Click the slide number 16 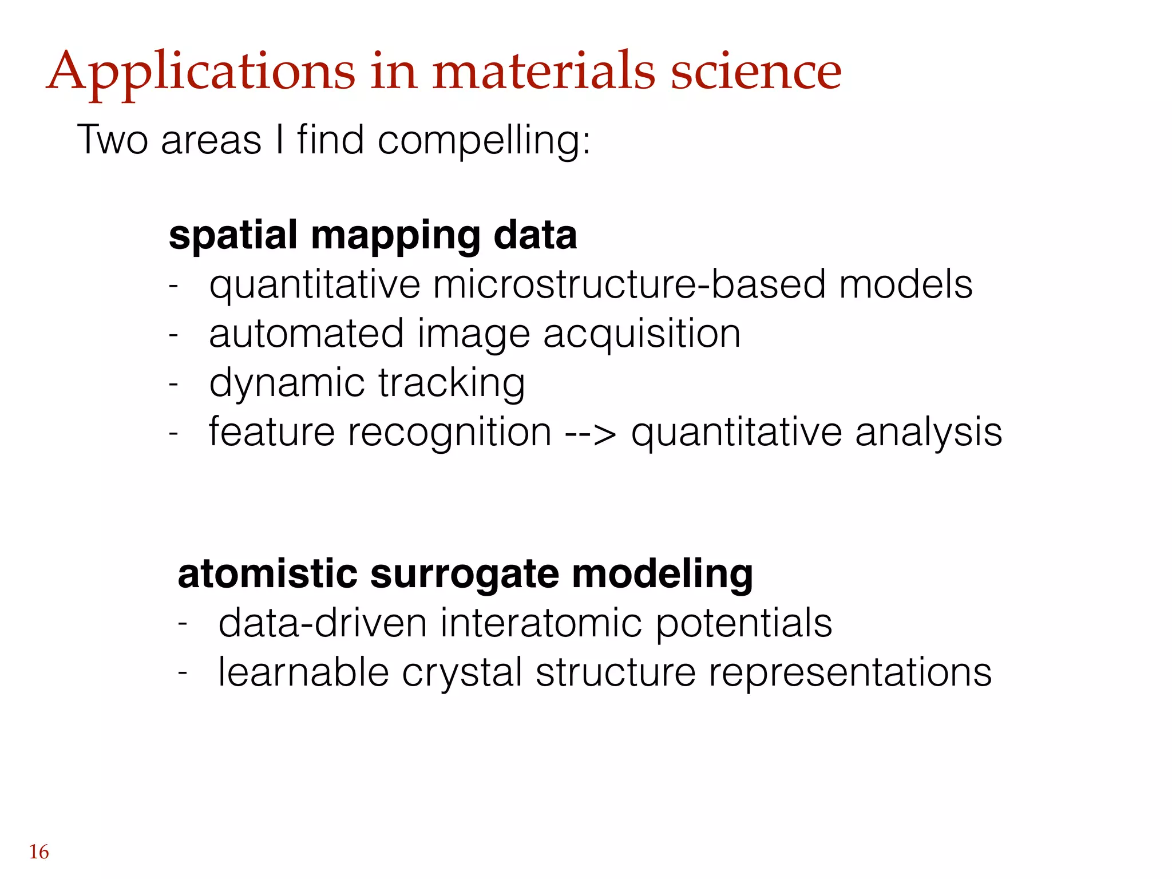[x=39, y=852]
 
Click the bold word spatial [x=233, y=236]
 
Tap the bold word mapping [x=395, y=236]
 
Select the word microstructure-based [x=628, y=284]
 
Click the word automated [x=306, y=334]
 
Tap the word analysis [x=928, y=433]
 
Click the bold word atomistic [x=268, y=574]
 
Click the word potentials [x=743, y=624]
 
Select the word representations [x=850, y=672]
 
